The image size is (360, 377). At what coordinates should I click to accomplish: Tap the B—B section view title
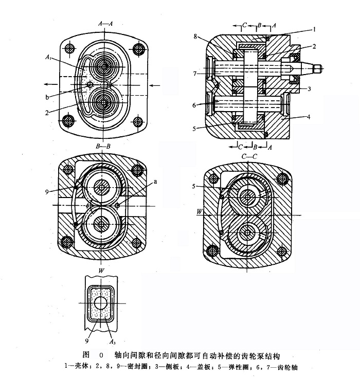(x=103, y=147)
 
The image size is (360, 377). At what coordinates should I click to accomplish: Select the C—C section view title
(x=248, y=155)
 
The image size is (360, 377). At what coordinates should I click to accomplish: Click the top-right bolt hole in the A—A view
(x=137, y=49)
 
